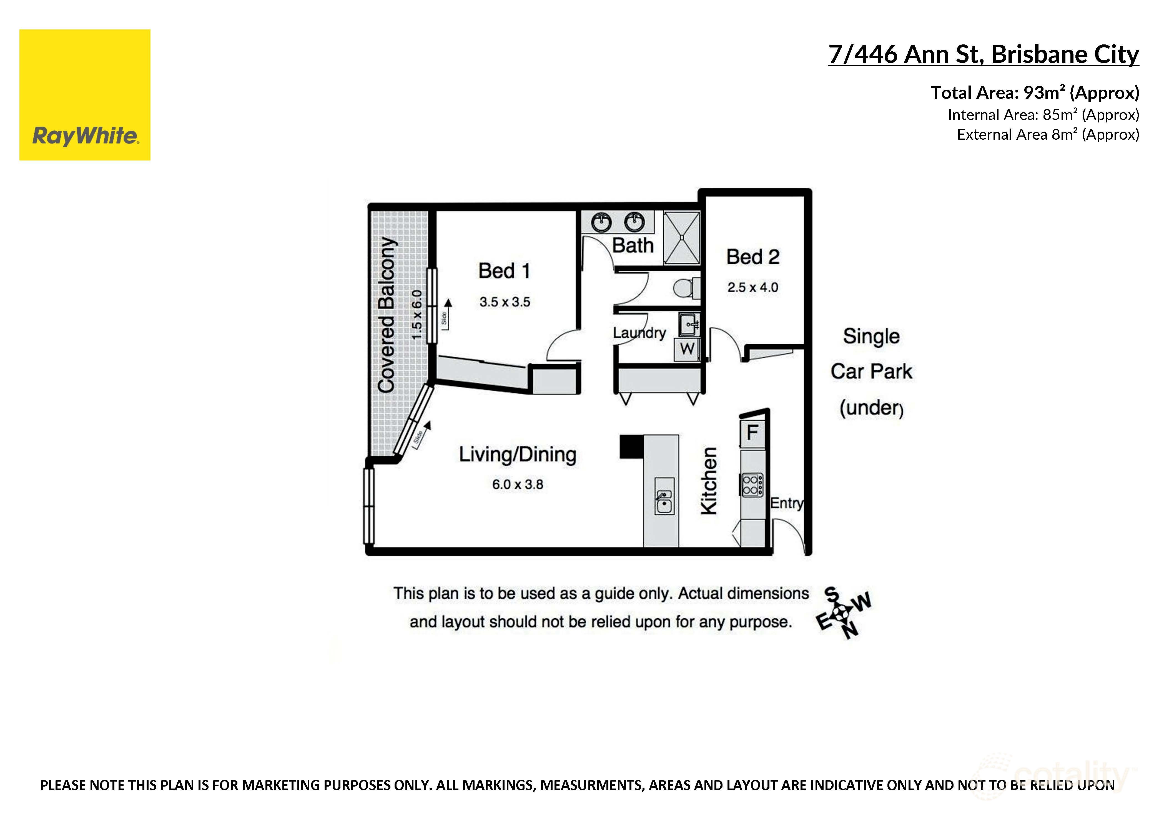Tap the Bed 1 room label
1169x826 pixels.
pyautogui.click(x=504, y=271)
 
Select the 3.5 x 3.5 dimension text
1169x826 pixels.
pyautogui.click(x=505, y=302)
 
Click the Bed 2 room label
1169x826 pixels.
pyautogui.click(x=752, y=257)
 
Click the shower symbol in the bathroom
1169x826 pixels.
pyautogui.click(x=682, y=238)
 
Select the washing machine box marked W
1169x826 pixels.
pyautogui.click(x=687, y=349)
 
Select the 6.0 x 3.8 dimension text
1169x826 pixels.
pyautogui.click(x=517, y=484)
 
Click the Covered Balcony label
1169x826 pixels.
pyautogui.click(x=387, y=315)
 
